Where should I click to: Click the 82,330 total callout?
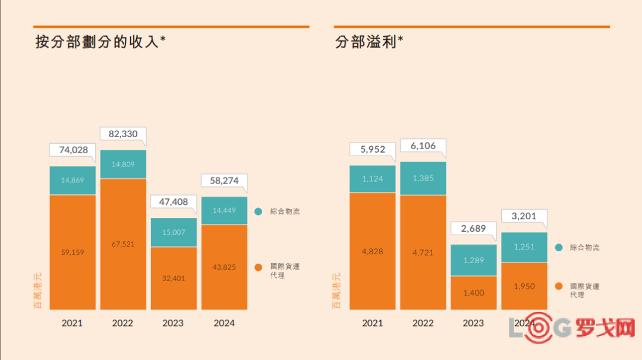click(x=123, y=134)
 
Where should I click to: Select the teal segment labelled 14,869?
click(x=73, y=181)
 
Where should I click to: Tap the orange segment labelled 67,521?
click(x=123, y=244)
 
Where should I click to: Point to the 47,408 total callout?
click(x=174, y=202)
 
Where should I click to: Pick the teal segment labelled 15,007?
click(x=174, y=232)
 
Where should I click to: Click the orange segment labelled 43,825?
click(x=224, y=267)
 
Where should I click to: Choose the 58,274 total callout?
click(x=224, y=181)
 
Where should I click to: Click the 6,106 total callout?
click(x=423, y=146)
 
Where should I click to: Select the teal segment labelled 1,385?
click(x=423, y=178)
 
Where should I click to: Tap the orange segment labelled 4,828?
click(x=373, y=251)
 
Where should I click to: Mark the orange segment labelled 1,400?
click(x=474, y=293)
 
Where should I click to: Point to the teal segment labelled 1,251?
click(x=524, y=247)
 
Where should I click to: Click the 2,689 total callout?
click(x=474, y=229)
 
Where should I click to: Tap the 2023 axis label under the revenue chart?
click(x=173, y=323)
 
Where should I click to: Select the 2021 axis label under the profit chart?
click(x=373, y=323)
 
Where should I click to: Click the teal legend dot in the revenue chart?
click(x=259, y=211)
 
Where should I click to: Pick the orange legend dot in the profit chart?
click(x=559, y=286)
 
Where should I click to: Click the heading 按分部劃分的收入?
click(x=97, y=42)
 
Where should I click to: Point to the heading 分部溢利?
click(x=366, y=42)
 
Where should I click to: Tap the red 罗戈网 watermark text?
click(x=605, y=327)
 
